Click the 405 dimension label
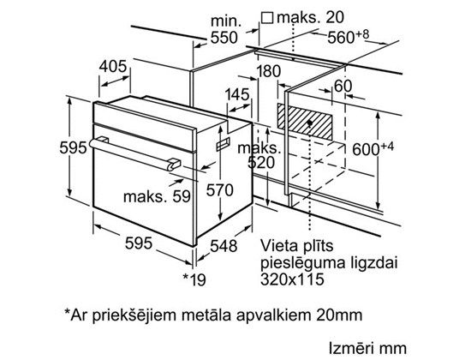tap(113, 66)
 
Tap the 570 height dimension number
tap(220, 190)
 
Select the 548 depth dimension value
tap(224, 246)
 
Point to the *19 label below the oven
tap(194, 279)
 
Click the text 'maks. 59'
tap(157, 196)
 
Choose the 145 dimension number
tap(237, 94)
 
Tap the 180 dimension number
tap(268, 71)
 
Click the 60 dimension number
tap(343, 86)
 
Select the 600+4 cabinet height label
tap(373, 148)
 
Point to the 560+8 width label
tap(348, 37)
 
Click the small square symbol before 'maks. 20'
tap(267, 18)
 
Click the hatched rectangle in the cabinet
tap(305, 121)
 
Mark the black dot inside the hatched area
tap(309, 123)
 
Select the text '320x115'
tap(292, 279)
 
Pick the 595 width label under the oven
tap(139, 243)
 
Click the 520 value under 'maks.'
tap(261, 162)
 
